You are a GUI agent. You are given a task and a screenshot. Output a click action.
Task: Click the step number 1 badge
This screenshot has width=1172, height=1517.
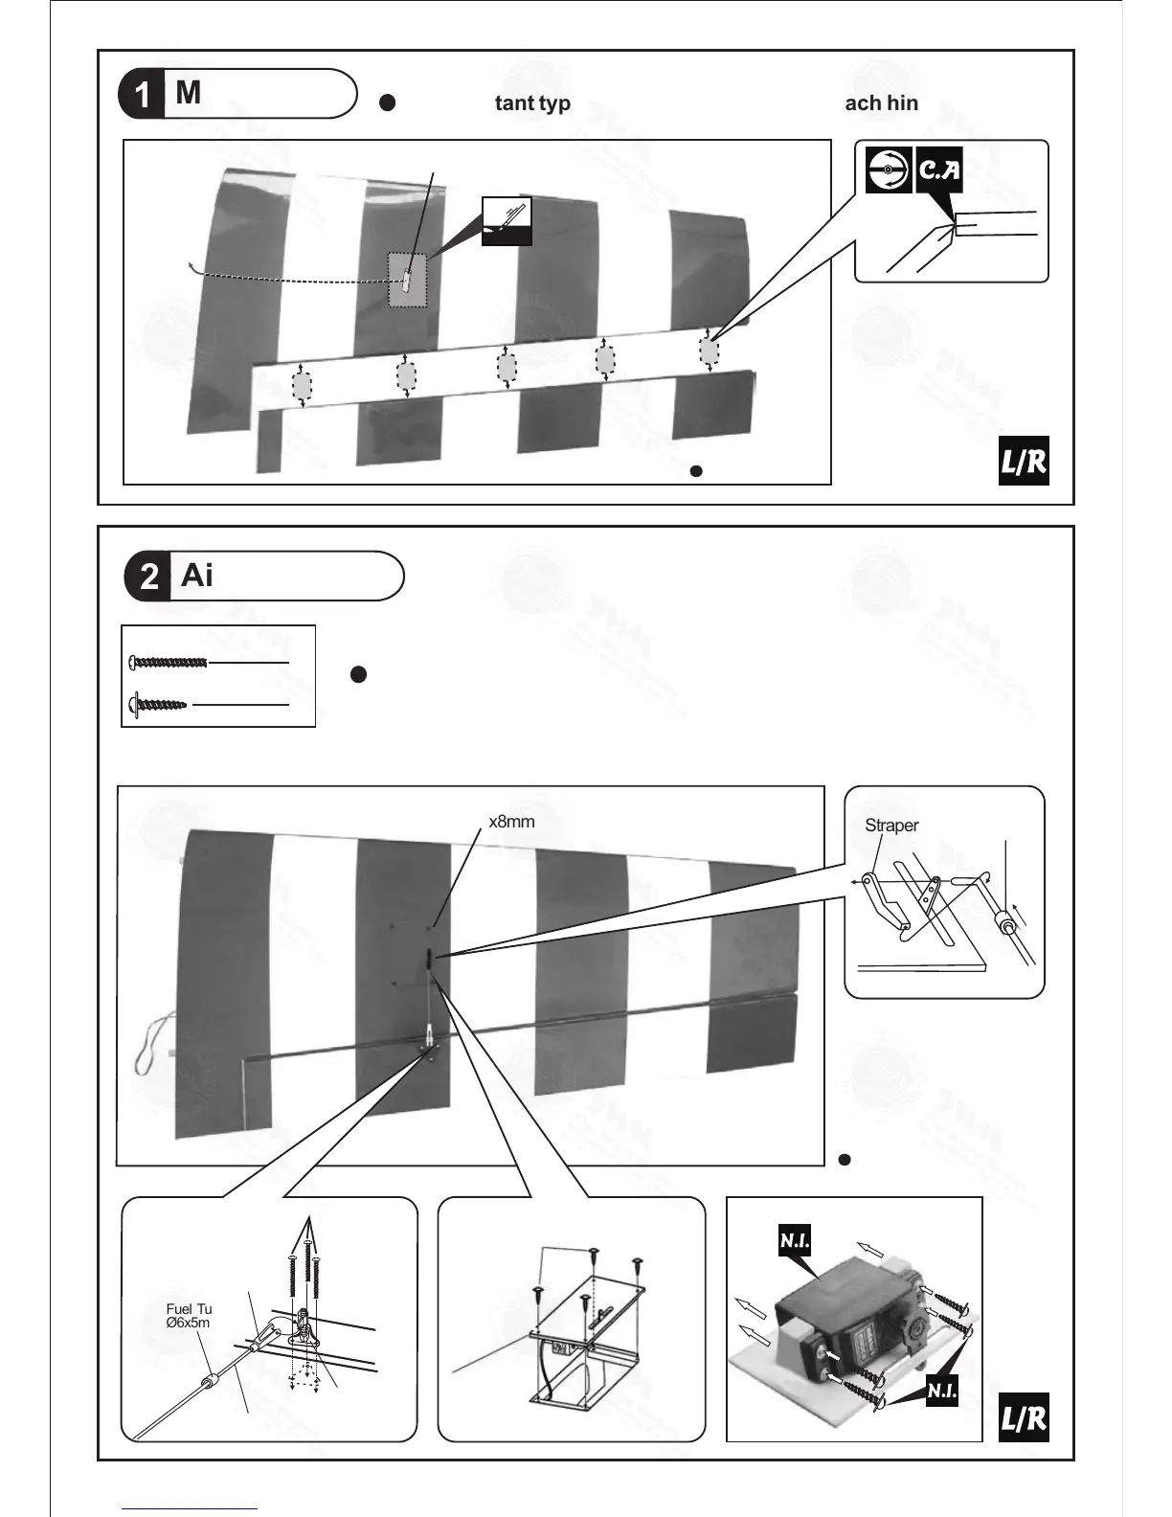[x=142, y=95]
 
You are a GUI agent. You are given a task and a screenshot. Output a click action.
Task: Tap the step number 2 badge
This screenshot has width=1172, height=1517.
[x=148, y=577]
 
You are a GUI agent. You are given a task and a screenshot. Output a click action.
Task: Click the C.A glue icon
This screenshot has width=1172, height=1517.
[x=939, y=170]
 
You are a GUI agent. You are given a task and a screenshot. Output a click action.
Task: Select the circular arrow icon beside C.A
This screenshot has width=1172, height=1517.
[x=888, y=170]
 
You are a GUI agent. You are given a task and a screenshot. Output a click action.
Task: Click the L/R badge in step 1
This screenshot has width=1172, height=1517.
[x=1024, y=464]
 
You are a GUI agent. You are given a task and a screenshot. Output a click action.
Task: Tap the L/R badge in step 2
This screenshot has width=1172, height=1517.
[x=1024, y=1418]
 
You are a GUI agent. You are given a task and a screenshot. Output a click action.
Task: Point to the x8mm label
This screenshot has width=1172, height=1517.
[x=511, y=822]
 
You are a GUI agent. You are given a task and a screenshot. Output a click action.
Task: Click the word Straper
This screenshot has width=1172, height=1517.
[x=891, y=826]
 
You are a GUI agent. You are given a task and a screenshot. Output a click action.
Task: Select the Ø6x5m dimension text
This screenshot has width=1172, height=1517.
[x=188, y=1323]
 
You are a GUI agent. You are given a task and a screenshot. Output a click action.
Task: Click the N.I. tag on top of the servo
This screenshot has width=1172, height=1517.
[x=795, y=1241]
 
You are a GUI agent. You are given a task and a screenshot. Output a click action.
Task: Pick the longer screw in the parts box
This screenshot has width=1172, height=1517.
[x=168, y=662]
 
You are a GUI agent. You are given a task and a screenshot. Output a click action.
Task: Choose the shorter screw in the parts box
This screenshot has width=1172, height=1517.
[x=158, y=705]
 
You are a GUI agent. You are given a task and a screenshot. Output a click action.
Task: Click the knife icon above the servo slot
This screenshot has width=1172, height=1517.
[x=506, y=220]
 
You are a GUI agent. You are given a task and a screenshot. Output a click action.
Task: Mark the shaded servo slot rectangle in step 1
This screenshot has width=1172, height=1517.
[x=407, y=280]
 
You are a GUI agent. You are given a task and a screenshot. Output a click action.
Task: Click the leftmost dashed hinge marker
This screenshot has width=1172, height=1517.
[x=302, y=386]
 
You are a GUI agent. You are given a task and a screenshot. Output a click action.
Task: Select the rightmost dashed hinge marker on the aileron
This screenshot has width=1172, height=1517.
[x=709, y=351]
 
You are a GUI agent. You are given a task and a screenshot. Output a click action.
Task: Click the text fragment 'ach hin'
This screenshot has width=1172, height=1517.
[x=881, y=103]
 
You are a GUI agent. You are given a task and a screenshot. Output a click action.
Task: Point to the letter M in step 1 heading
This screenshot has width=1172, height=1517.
[x=189, y=93]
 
